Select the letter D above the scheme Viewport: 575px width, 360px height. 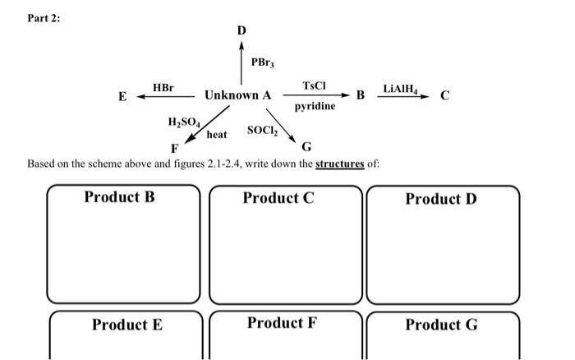[241, 30]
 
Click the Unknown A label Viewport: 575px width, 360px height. [237, 95]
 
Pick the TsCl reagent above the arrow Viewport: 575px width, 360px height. [314, 85]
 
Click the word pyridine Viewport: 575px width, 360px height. [315, 107]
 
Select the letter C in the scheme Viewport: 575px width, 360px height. [444, 96]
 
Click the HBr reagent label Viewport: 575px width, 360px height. [163, 86]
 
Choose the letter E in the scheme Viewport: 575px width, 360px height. [122, 96]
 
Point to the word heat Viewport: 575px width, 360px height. [217, 134]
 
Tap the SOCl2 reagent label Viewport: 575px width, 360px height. [263, 131]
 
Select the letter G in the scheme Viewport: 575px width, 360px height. [306, 147]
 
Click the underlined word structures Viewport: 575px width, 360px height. [339, 164]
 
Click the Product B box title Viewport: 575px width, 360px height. [119, 197]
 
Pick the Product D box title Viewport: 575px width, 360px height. [440, 199]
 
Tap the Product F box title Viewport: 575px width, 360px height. [282, 322]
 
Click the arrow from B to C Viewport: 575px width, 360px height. [402, 96]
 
